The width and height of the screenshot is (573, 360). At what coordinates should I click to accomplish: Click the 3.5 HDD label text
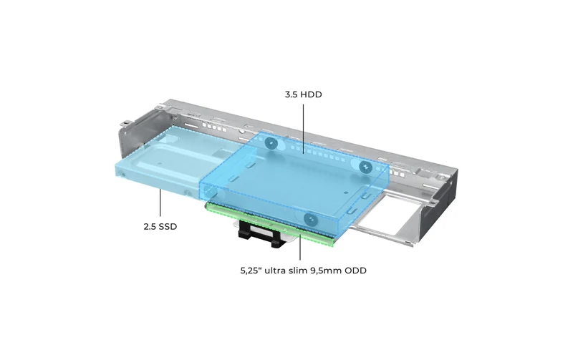tap(303, 94)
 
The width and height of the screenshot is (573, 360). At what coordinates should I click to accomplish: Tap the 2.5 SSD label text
tap(160, 227)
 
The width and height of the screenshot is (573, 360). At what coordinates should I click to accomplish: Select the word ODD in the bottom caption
tap(355, 271)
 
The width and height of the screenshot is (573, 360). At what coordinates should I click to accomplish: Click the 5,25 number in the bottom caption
tap(250, 271)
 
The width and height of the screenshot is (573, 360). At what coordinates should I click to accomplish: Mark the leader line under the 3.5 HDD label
tap(303, 128)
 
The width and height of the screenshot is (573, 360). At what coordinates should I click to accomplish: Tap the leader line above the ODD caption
tap(300, 247)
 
